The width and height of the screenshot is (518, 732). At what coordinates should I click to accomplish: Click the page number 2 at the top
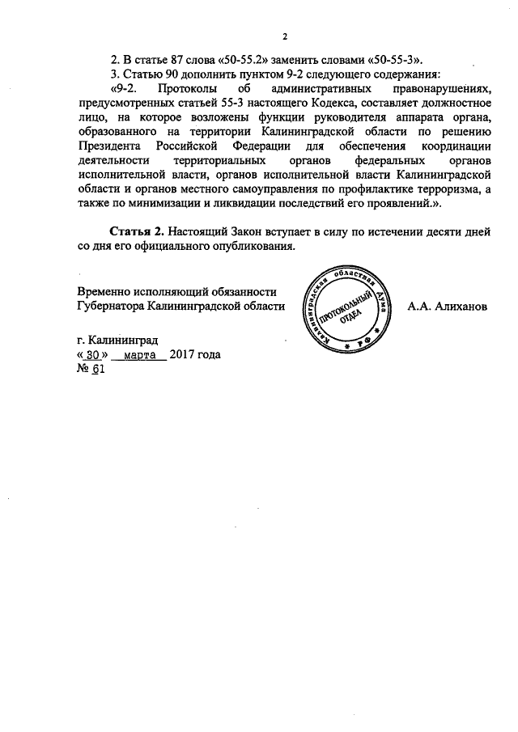286,36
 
